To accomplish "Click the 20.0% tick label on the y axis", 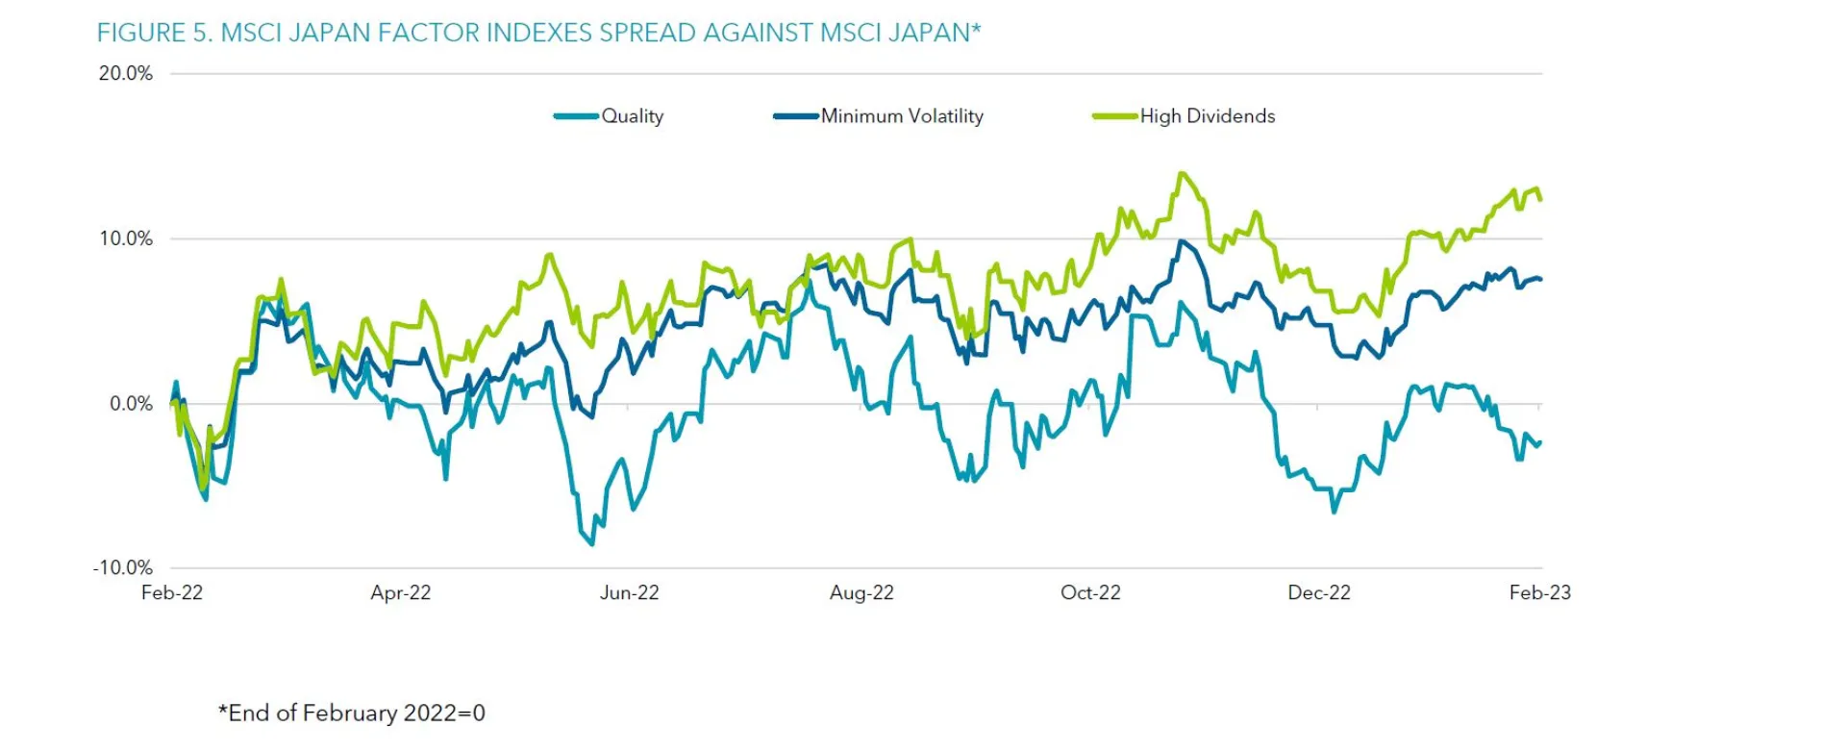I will (x=125, y=74).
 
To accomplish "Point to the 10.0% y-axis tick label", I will (x=125, y=238).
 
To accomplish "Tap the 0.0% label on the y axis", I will (x=131, y=404).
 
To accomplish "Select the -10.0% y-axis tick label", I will (x=122, y=567).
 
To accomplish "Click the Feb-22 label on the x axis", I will (x=172, y=592).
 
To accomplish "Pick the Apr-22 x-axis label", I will (x=401, y=592).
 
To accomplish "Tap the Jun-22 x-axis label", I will (x=630, y=592).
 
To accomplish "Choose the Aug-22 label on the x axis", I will (x=861, y=592).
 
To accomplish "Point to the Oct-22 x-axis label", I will (x=1090, y=592).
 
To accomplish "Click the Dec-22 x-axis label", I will (x=1319, y=592).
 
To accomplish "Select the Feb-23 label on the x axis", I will (x=1539, y=592).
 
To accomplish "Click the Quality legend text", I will (x=633, y=116).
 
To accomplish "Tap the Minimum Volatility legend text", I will (x=902, y=116).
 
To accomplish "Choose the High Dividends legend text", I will (x=1208, y=116).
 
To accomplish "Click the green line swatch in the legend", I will (x=1115, y=116).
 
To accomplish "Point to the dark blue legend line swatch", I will (x=796, y=116).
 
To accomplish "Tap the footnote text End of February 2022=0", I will (x=352, y=713).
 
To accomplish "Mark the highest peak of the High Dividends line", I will (x=1182, y=174).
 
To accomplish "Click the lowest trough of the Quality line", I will (x=591, y=544).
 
